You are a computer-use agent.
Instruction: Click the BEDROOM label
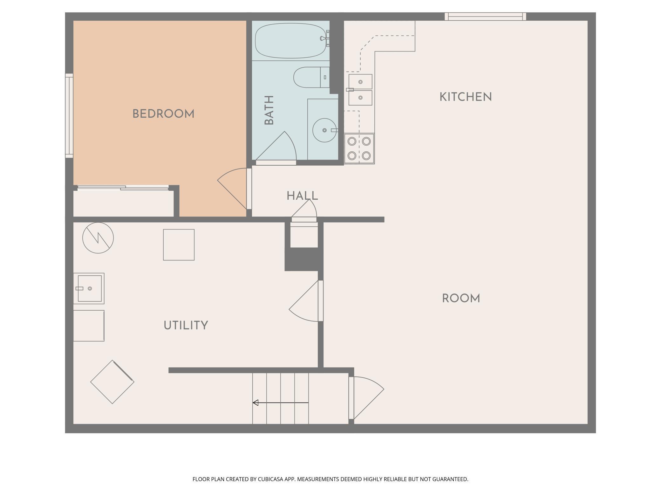[163, 114]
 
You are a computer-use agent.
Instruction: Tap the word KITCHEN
[466, 97]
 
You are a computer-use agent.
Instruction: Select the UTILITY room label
[186, 325]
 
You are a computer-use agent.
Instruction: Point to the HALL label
[302, 196]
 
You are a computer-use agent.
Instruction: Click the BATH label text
[269, 110]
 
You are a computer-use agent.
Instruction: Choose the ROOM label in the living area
[461, 298]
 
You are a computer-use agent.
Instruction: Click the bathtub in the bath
[291, 41]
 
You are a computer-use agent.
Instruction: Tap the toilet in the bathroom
[311, 77]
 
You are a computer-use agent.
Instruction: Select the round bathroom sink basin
[324, 130]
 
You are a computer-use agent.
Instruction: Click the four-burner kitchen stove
[359, 148]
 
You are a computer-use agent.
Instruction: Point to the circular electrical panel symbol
[98, 238]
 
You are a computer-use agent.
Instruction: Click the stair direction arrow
[281, 403]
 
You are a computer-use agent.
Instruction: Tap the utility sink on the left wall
[89, 288]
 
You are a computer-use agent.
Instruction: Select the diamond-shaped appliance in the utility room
[112, 382]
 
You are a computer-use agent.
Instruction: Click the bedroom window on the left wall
[69, 116]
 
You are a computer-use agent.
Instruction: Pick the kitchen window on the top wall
[485, 17]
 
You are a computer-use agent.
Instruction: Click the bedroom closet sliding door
[123, 188]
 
